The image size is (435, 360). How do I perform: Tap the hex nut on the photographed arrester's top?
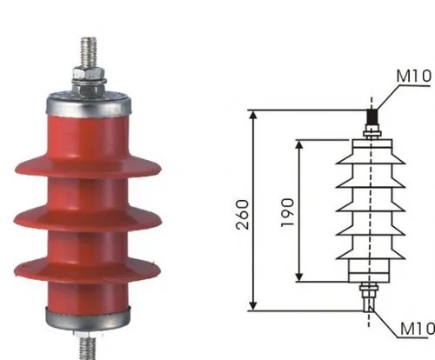[x=89, y=74]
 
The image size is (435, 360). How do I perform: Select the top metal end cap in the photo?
[x=89, y=104]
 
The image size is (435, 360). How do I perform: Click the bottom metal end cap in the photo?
[x=88, y=318]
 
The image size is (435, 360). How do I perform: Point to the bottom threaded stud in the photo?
[x=88, y=348]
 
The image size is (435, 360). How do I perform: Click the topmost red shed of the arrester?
[x=88, y=166]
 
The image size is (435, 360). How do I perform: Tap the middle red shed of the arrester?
[x=88, y=218]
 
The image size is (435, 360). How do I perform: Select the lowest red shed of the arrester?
[x=87, y=270]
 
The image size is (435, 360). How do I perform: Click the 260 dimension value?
[x=243, y=215]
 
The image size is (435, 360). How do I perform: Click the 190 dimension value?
[x=288, y=212]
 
